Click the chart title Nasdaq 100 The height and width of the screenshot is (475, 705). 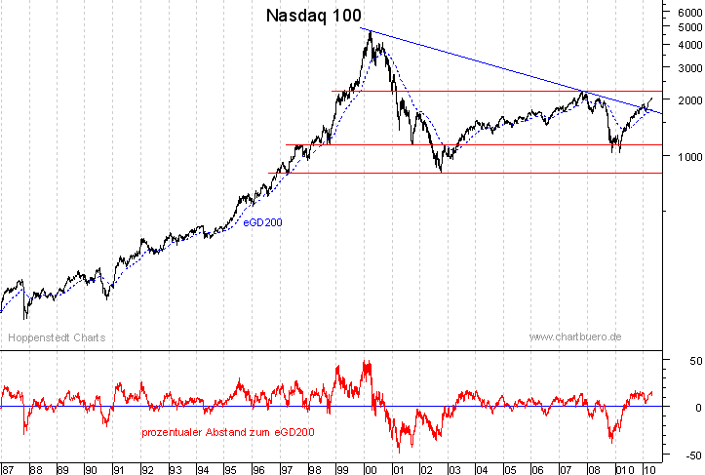coord(313,16)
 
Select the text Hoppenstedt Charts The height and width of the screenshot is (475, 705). coord(57,337)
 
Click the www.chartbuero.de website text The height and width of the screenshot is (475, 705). coord(575,336)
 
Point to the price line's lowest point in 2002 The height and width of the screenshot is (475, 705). coord(441,172)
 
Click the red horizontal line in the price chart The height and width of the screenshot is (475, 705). coord(488,145)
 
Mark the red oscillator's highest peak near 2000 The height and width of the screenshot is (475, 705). coord(368,362)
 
